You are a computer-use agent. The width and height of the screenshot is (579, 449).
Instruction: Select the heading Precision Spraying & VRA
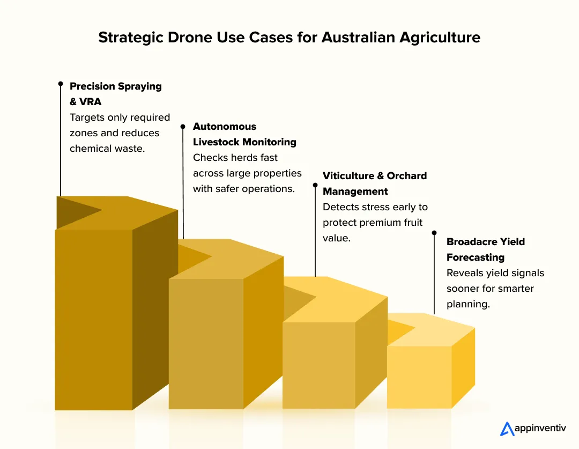[115, 93]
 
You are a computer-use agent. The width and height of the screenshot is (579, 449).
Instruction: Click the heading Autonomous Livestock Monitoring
[244, 134]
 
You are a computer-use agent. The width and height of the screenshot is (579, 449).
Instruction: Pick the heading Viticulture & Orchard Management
[375, 183]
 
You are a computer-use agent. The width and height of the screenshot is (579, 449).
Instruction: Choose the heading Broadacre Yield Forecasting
[486, 249]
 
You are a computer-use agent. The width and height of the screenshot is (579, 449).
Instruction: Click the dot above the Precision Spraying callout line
[61, 84]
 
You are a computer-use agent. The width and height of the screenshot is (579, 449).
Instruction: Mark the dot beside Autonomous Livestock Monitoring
[183, 127]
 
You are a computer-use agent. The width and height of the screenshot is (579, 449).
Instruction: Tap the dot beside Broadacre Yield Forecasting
[434, 233]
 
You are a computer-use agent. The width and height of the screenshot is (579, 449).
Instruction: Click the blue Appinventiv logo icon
[507, 429]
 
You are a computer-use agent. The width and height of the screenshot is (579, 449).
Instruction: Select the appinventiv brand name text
[540, 429]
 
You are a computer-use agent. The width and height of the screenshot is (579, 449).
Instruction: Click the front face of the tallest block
[94, 319]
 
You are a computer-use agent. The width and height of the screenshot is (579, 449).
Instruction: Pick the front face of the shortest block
[419, 377]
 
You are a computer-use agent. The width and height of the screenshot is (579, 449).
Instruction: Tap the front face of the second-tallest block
[206, 343]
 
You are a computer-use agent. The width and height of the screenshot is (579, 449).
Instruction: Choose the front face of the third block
[318, 365]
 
